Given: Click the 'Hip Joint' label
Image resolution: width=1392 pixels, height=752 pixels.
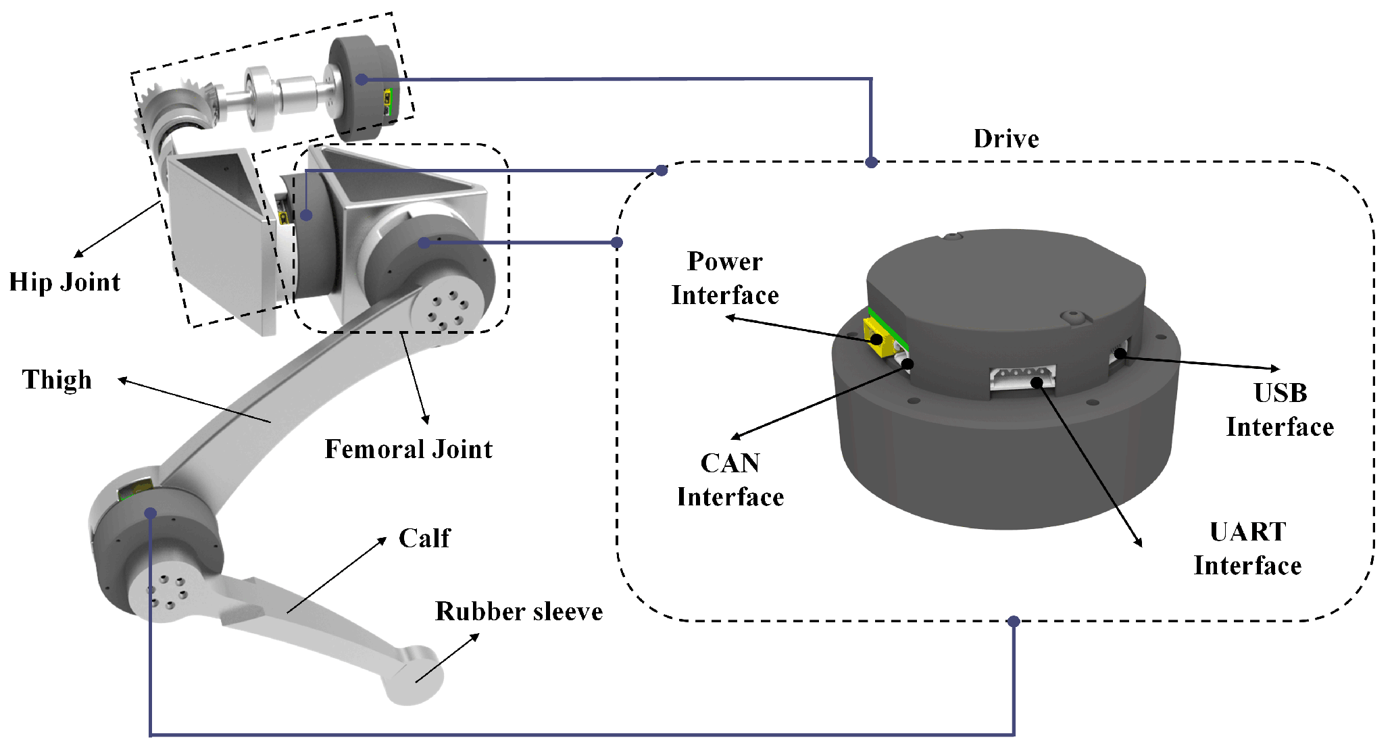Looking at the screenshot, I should pyautogui.click(x=65, y=282).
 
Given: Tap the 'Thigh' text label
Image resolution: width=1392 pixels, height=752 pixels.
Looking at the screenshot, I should pyautogui.click(x=57, y=380).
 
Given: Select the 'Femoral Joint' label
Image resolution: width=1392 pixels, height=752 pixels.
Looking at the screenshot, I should pyautogui.click(x=409, y=449).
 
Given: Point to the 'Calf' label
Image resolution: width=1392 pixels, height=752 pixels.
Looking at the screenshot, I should pyautogui.click(x=424, y=538).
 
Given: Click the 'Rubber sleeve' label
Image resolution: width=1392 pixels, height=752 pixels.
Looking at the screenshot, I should pyautogui.click(x=519, y=611).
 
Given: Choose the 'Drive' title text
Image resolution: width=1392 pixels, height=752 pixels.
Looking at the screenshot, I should pyautogui.click(x=1006, y=139).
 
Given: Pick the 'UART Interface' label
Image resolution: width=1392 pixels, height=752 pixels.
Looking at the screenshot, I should pyautogui.click(x=1247, y=549).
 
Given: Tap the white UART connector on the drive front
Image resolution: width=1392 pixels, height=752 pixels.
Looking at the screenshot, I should pyautogui.click(x=1022, y=378).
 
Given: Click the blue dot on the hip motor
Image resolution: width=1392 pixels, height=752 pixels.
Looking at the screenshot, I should pyautogui.click(x=362, y=80).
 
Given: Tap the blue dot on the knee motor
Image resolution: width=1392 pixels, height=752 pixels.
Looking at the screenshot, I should pyautogui.click(x=151, y=513).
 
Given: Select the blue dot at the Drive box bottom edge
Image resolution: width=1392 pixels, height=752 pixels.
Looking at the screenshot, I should pyautogui.click(x=1013, y=621).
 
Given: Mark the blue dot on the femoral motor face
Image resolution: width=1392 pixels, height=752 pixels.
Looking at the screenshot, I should pyautogui.click(x=424, y=243).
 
